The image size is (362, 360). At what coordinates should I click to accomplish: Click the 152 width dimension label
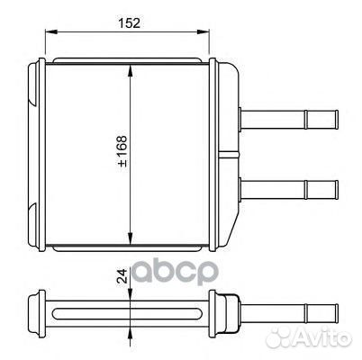click(129, 23)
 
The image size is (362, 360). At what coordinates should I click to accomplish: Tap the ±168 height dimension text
click(122, 151)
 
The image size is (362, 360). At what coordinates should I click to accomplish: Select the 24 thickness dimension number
click(122, 275)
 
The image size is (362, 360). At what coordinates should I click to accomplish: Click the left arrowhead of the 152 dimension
click(50, 31)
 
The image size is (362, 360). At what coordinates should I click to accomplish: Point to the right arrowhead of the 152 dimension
click(204, 31)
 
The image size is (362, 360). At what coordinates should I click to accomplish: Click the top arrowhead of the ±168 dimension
click(131, 70)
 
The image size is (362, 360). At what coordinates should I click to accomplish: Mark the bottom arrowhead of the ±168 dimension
click(131, 238)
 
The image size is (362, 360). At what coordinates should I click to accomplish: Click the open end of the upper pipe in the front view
click(337, 120)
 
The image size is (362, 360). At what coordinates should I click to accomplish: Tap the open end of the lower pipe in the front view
click(337, 190)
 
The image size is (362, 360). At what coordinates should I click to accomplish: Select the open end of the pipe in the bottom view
click(337, 314)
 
